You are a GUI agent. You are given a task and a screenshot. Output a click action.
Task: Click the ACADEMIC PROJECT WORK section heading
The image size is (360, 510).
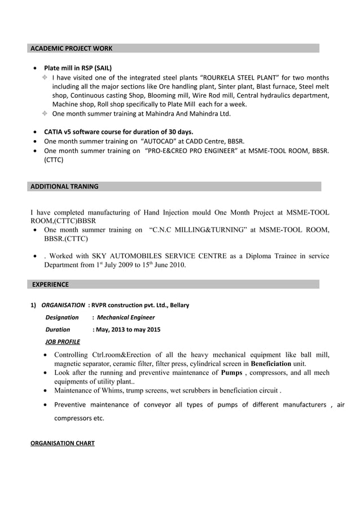71,49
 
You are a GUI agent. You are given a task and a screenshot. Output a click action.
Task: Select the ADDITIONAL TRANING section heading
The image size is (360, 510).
64,186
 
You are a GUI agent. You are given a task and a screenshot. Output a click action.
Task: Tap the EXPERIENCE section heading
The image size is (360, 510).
50,284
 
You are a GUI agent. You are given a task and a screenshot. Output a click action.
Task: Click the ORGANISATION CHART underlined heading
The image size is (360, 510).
62,443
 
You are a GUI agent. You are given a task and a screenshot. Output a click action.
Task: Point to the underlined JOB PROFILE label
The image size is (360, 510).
62,342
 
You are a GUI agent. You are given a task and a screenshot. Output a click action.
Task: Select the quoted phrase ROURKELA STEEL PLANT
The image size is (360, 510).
240,77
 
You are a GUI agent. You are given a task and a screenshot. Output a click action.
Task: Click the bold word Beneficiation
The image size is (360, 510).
271,364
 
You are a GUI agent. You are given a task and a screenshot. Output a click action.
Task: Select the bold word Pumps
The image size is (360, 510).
231,373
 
